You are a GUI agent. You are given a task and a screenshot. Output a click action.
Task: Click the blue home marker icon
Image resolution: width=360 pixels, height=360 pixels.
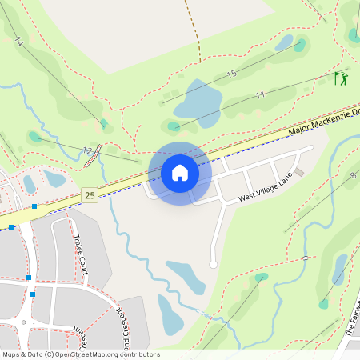coord(180,173)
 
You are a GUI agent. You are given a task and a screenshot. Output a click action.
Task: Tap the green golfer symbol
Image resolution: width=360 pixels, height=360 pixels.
coord(342,78)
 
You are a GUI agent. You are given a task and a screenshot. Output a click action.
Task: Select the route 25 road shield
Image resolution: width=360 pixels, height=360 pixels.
coord(90,195)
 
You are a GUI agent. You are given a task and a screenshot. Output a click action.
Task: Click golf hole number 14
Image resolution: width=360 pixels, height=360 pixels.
coord(19,42)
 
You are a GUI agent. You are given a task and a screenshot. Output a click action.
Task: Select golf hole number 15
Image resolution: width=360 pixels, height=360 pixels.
coord(232,74)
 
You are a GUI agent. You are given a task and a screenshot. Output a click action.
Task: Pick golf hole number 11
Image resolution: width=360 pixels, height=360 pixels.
coord(260,94)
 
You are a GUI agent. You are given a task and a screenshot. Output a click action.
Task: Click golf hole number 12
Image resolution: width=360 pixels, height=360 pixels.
coord(87,150)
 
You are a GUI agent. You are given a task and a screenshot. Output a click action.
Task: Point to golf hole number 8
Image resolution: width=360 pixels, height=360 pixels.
coord(352,174)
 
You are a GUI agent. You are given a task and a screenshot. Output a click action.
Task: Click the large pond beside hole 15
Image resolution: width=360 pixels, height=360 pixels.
coord(198,100)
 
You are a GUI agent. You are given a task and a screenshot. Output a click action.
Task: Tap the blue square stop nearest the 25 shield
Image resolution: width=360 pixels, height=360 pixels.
coord(34,206)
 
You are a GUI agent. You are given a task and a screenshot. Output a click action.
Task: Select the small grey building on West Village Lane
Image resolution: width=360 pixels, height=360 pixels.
coord(300,172)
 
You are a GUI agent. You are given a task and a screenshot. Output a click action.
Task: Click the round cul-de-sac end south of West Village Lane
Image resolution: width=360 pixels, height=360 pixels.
coord(213,264)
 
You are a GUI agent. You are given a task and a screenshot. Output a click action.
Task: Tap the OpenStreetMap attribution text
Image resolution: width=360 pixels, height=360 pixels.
coord(80,354)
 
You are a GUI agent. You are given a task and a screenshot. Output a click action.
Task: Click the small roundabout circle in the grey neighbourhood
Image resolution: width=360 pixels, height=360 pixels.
coord(24,323)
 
